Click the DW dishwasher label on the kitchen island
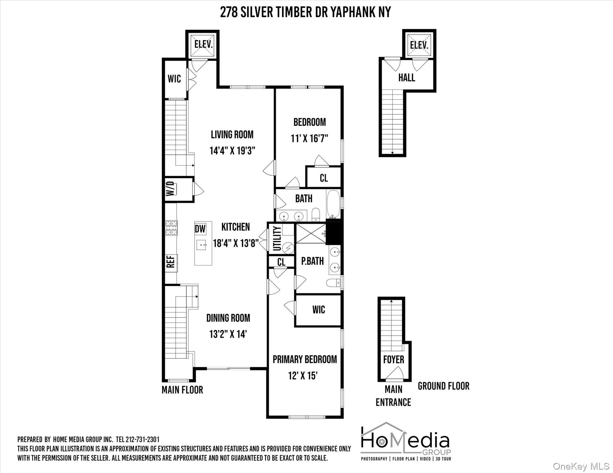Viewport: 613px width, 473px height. coord(200,229)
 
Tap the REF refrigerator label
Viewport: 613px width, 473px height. coord(171,261)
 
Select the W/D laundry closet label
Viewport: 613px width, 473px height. coord(171,188)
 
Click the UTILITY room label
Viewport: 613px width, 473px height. coord(277,239)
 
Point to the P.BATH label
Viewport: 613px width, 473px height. coord(312,261)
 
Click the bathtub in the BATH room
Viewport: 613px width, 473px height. coord(333,204)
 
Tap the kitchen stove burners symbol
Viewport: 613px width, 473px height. coord(171,228)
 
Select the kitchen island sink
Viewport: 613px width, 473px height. coord(202,245)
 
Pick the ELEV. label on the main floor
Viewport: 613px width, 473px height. coord(204,44)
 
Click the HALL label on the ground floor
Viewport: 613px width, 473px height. coord(406,78)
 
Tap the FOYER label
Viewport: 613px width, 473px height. coord(393,359)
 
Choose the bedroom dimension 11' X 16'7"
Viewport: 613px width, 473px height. coord(309,139)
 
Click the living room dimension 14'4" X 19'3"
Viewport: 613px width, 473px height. coord(232,151)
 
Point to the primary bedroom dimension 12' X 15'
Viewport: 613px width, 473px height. coord(303,376)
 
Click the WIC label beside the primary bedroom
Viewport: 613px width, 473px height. coord(319,309)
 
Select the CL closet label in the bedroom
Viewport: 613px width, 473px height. coord(323,178)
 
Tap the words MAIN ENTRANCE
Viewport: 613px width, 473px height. coord(393,396)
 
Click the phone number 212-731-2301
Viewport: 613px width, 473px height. coord(142,439)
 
